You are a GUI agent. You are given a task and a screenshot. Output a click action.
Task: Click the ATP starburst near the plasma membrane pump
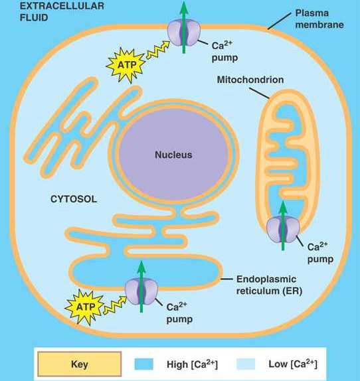(126, 65)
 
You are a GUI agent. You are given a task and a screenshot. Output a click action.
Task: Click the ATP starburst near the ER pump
(85, 307)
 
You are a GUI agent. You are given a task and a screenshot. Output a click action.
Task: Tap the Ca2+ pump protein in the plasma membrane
(184, 33)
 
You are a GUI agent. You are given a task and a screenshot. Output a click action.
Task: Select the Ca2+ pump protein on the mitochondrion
(283, 230)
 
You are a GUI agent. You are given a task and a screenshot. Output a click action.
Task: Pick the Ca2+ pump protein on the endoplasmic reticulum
(141, 291)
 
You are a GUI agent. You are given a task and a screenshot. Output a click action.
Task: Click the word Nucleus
(173, 155)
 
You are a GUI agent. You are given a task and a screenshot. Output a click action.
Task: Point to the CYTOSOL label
(74, 199)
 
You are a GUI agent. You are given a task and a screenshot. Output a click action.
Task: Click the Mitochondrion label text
(250, 80)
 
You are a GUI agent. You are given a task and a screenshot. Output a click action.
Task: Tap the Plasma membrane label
(319, 19)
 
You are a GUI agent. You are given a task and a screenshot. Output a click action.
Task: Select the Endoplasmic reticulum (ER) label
(269, 285)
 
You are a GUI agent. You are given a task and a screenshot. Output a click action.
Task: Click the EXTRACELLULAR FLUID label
(62, 11)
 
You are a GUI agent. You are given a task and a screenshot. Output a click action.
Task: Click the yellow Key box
(80, 364)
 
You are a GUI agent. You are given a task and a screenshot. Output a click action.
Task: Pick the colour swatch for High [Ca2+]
(144, 364)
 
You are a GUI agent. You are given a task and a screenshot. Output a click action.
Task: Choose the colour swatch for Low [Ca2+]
(246, 364)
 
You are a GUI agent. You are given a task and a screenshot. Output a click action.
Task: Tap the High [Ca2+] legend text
(192, 364)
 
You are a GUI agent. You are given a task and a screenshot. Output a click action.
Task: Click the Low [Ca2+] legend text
(293, 364)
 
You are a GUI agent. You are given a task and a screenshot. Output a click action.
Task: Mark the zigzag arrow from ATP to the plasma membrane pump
(158, 50)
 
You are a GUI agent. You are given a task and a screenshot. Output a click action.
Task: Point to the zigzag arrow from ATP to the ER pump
(115, 305)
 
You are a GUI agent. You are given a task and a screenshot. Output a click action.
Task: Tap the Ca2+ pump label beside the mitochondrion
(320, 253)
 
